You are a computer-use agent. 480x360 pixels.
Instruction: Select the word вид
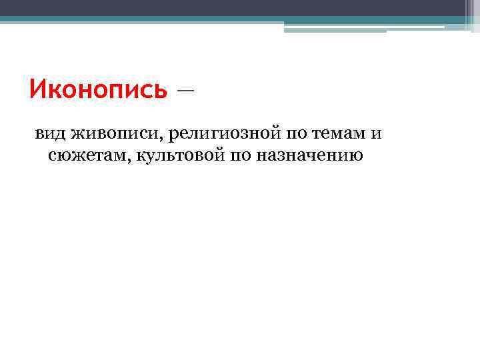(x=49, y=134)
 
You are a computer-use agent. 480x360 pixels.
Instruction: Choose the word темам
(x=339, y=134)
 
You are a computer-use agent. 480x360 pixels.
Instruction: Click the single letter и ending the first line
(x=377, y=134)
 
